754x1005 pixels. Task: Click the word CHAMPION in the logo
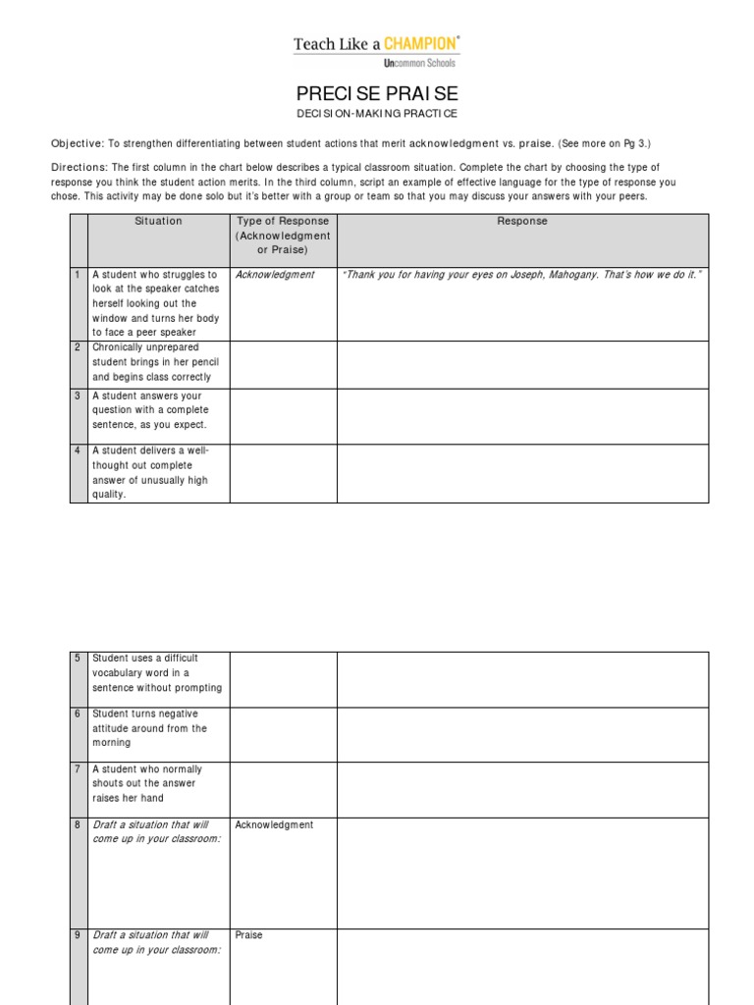coord(419,44)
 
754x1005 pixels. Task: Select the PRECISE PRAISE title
coord(377,94)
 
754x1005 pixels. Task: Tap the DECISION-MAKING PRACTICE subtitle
coord(377,116)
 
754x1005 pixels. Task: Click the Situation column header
coord(158,222)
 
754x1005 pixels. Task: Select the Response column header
coord(521,222)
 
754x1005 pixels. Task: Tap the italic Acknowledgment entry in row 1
coord(275,275)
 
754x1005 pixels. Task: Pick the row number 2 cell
coord(79,347)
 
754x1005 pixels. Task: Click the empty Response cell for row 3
coord(521,416)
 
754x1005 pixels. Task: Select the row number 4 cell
coord(79,451)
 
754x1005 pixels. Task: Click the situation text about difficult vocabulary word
coord(157,673)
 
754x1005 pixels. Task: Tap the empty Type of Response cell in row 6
coord(283,734)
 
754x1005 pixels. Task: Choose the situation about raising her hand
coord(147,783)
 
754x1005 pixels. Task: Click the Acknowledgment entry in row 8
coord(274,825)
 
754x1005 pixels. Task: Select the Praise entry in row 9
coord(249,935)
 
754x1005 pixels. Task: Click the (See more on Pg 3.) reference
coord(604,143)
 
